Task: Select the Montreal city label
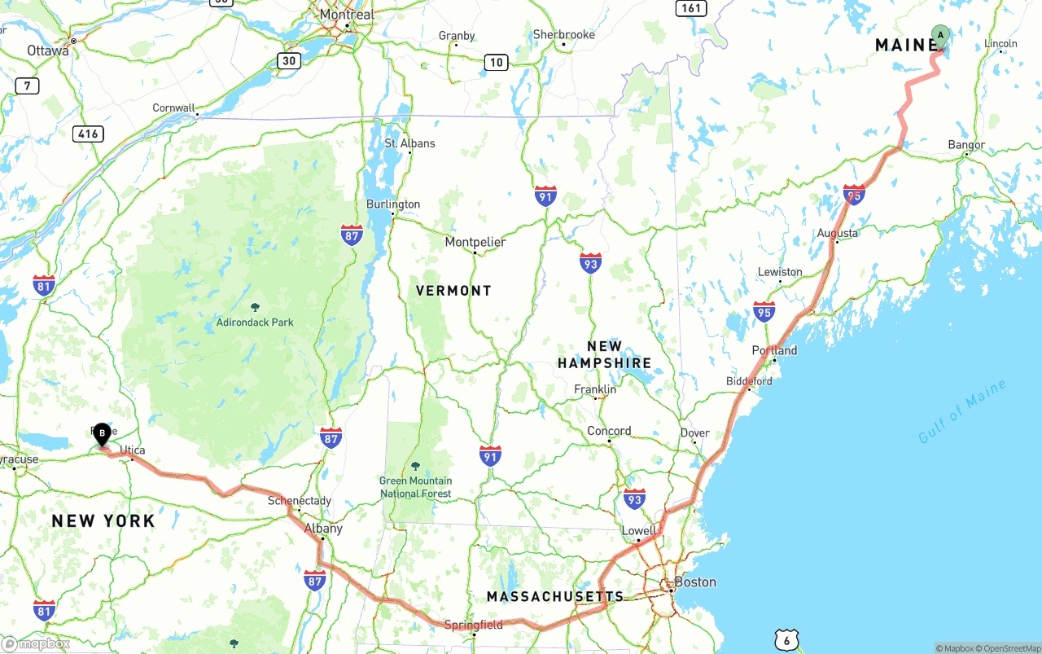click(x=347, y=15)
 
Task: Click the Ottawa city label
click(x=48, y=50)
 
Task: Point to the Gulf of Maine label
click(x=962, y=412)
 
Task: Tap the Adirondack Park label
click(x=255, y=322)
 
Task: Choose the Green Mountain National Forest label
click(x=415, y=487)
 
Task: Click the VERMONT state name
click(x=453, y=291)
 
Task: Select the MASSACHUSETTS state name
click(x=555, y=597)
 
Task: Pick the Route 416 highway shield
click(x=87, y=134)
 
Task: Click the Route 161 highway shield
click(x=690, y=8)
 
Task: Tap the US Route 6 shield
click(x=786, y=639)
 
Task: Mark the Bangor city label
click(x=966, y=145)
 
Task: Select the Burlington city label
click(x=393, y=204)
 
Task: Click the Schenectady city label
click(x=300, y=501)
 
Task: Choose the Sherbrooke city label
click(x=563, y=34)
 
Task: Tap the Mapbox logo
click(x=36, y=643)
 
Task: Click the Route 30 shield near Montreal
click(x=288, y=60)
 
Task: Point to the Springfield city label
click(x=473, y=625)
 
